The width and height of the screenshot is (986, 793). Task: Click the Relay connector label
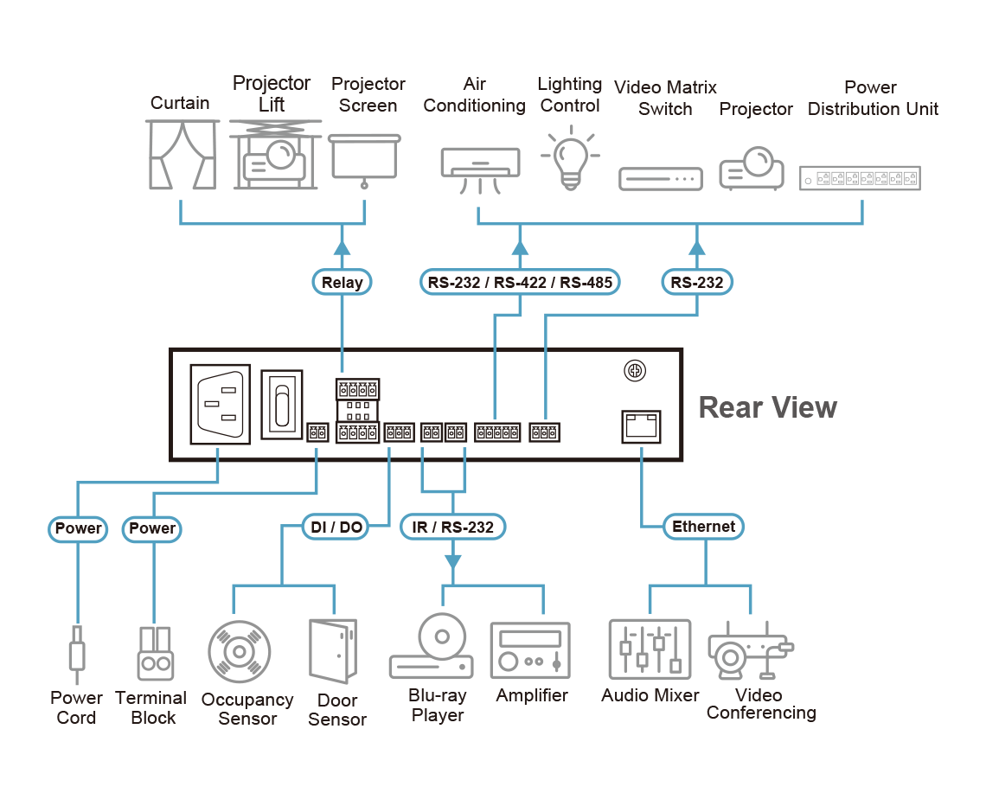[x=343, y=282]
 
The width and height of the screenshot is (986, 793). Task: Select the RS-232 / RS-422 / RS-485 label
[x=520, y=282]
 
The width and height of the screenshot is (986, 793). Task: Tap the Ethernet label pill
[x=704, y=527]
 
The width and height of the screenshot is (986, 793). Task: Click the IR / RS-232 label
[x=452, y=527]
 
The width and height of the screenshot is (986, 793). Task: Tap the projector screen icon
[x=364, y=159]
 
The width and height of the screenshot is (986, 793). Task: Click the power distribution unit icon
[x=860, y=178]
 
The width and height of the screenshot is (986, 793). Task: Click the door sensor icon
[x=333, y=651]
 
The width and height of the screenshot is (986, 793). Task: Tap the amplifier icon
[x=531, y=651]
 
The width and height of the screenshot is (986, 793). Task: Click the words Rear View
[x=767, y=407]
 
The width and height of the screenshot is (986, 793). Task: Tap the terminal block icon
[x=153, y=652]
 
